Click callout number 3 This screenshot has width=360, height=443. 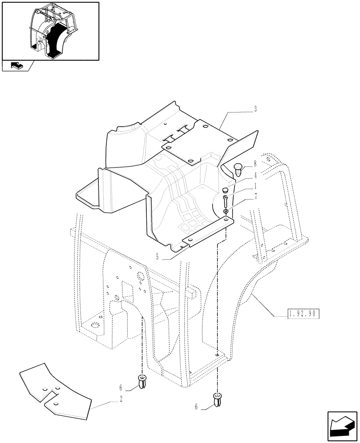(x=255, y=110)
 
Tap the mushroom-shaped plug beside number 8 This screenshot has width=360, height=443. (x=238, y=168)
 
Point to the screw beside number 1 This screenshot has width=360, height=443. (x=226, y=202)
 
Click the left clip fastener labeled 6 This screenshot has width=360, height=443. (x=142, y=381)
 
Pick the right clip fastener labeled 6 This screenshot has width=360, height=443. (x=217, y=400)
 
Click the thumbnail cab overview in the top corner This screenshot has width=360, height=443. (x=50, y=31)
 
